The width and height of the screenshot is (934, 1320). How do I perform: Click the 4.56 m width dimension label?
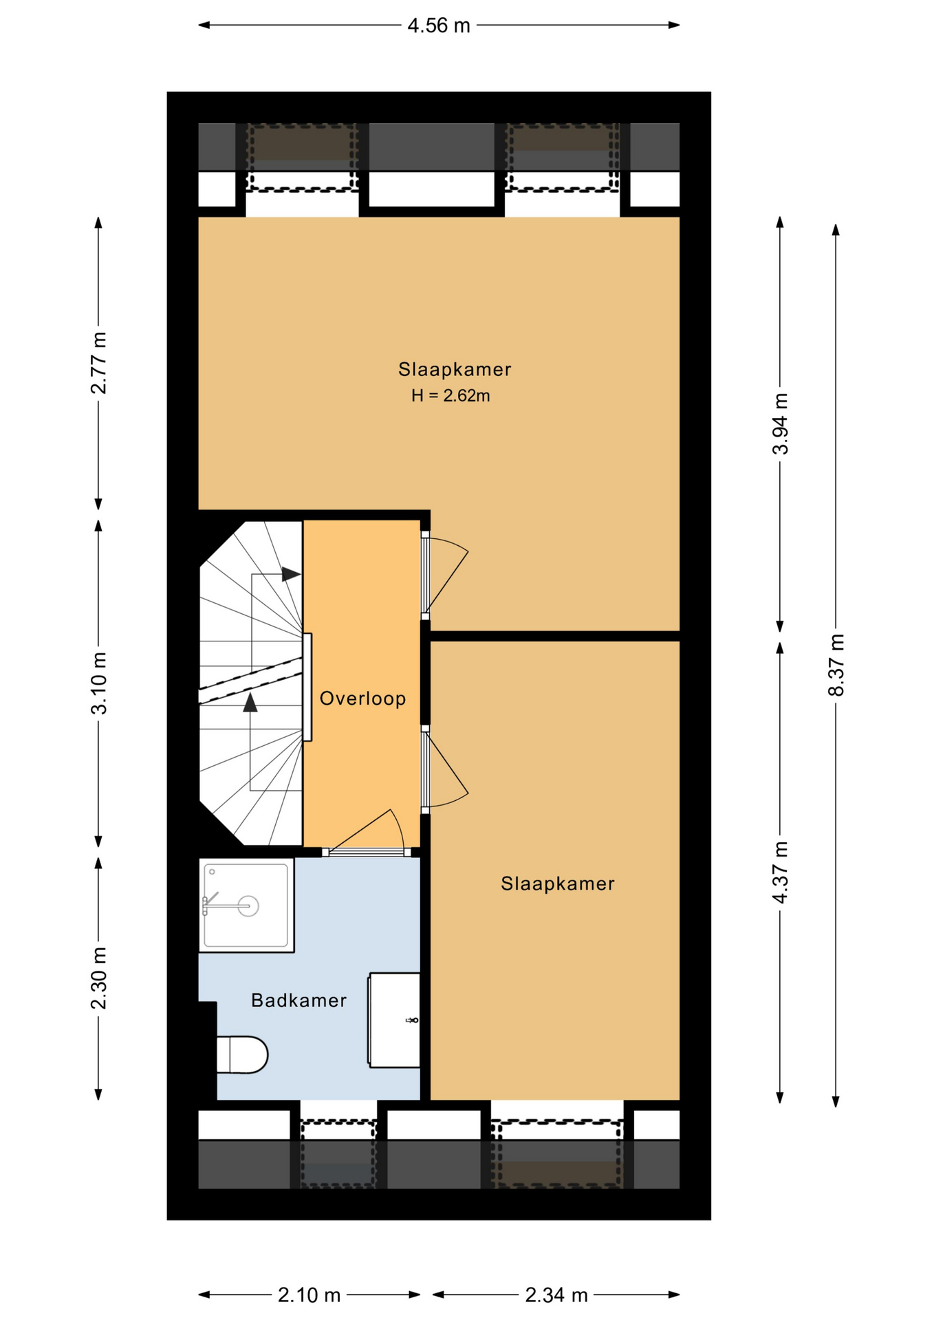439,25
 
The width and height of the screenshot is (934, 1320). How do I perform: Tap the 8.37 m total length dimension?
836,665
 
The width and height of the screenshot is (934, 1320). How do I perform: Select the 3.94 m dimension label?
780,423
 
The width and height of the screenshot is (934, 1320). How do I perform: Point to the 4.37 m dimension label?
780,872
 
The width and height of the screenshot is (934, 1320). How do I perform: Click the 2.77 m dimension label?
99,362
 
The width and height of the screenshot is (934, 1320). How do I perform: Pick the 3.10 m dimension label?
99,683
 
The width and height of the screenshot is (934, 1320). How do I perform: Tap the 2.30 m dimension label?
99,978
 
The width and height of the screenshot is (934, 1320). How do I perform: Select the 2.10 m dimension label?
309,1295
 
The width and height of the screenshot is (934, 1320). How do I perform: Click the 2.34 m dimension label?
556,1295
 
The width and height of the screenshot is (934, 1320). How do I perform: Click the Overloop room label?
362,698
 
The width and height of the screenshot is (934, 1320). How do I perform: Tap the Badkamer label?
298,1000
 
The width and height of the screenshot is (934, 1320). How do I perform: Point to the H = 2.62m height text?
450,395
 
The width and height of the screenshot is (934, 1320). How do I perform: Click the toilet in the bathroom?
242,1055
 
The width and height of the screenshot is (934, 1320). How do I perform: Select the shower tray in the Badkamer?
247,905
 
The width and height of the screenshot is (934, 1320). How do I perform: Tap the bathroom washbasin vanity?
394,1020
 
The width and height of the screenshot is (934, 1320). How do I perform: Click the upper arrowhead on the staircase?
292,574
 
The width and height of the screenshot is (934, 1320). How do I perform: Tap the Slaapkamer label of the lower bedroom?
558,883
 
